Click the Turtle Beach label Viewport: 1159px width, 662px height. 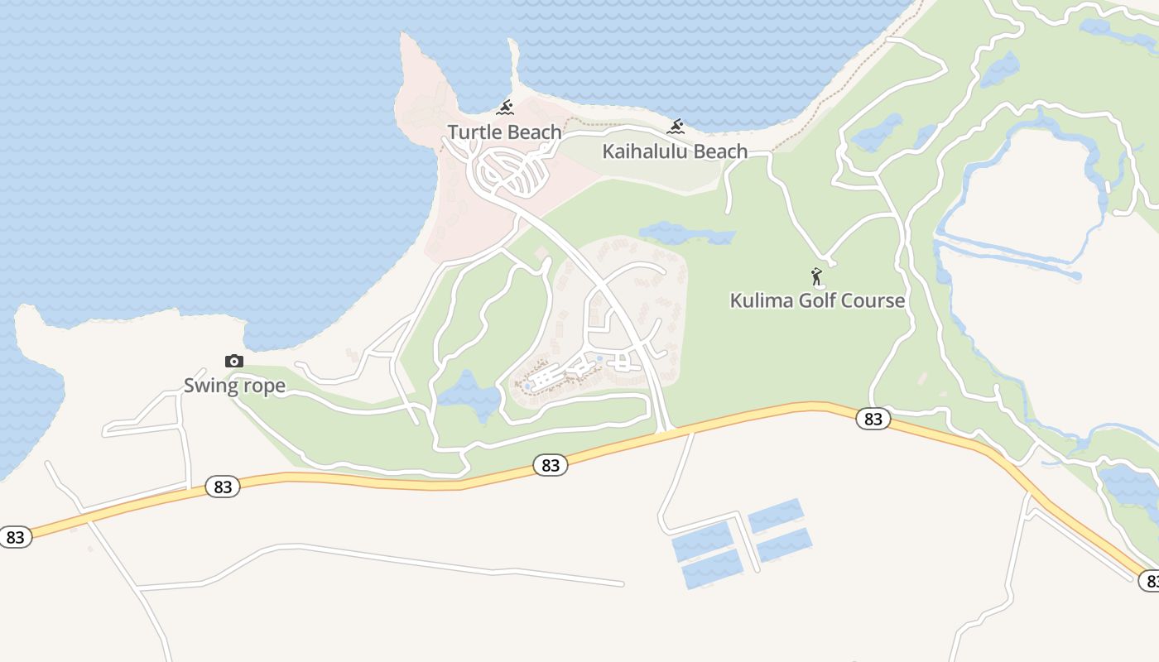[x=504, y=132]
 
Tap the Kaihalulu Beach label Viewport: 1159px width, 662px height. [x=675, y=151]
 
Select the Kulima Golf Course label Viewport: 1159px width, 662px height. [x=817, y=300]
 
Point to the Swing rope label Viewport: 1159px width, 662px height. [x=234, y=386]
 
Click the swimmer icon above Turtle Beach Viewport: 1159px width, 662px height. [x=505, y=108]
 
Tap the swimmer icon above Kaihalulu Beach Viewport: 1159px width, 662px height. [x=676, y=127]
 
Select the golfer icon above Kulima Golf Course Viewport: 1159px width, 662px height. [x=817, y=276]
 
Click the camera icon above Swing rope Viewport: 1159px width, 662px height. [x=234, y=361]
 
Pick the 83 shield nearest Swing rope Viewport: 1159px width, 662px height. [x=223, y=487]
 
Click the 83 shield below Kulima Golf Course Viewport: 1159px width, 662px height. [x=873, y=419]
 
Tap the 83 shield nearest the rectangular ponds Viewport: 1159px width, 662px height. [x=551, y=465]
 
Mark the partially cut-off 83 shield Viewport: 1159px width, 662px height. [x=1151, y=581]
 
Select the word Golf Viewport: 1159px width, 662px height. [x=818, y=300]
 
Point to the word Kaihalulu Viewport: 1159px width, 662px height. [x=643, y=151]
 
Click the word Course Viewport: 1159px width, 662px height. [x=874, y=300]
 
